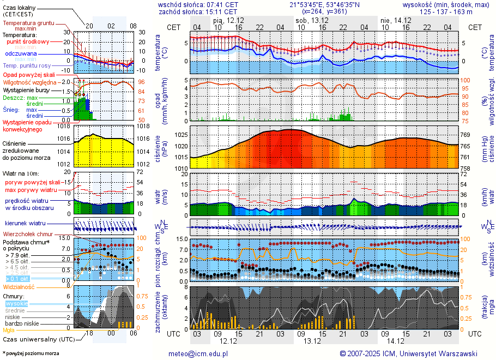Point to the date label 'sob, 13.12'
click(x=309, y=20)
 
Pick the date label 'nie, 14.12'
click(x=393, y=20)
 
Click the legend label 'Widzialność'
click(x=19, y=286)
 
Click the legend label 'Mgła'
click(x=9, y=330)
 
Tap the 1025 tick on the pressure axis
click(x=181, y=134)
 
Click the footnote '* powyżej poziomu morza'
click(x=31, y=353)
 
